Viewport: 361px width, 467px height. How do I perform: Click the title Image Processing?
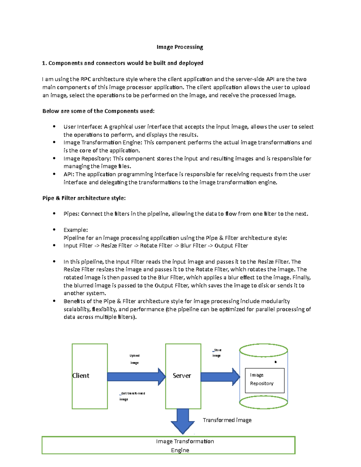pos(180,47)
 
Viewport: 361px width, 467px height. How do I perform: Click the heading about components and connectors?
pos(123,63)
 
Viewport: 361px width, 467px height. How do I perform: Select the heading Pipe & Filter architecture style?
pos(84,198)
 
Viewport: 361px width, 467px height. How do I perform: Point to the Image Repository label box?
pos(264,380)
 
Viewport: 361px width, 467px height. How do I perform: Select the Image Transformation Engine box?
pos(168,445)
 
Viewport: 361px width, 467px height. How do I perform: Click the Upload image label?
pos(134,359)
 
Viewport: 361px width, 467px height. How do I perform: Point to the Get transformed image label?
pos(132,396)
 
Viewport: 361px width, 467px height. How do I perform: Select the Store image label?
pos(217,353)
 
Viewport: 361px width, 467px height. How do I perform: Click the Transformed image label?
pos(227,420)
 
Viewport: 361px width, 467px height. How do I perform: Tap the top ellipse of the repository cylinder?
pos(264,350)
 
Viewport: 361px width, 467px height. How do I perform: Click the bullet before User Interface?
pos(54,127)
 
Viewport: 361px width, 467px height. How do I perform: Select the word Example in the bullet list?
pos(76,230)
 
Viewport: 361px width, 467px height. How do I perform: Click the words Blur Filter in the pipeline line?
pos(193,246)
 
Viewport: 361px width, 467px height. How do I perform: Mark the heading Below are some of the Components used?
pos(98,111)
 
